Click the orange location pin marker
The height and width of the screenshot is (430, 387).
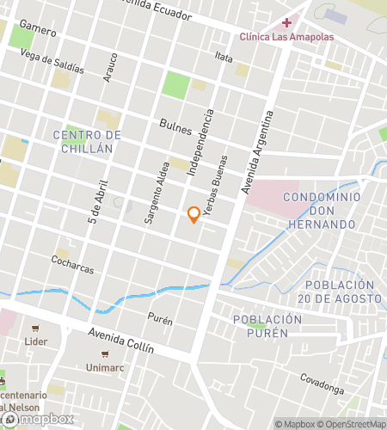tap(194, 214)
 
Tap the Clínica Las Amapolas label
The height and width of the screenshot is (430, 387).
tap(286, 36)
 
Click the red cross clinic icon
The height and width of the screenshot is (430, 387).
tap(286, 21)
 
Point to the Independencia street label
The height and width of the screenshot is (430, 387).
tap(199, 143)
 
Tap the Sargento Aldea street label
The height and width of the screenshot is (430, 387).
tap(156, 193)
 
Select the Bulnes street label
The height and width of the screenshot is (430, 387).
tap(175, 126)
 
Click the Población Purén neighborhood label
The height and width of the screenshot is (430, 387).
tap(267, 326)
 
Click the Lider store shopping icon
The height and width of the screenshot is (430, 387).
tap(35, 328)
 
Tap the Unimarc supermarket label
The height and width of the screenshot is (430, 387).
tap(105, 366)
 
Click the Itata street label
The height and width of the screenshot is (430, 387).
tap(224, 57)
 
